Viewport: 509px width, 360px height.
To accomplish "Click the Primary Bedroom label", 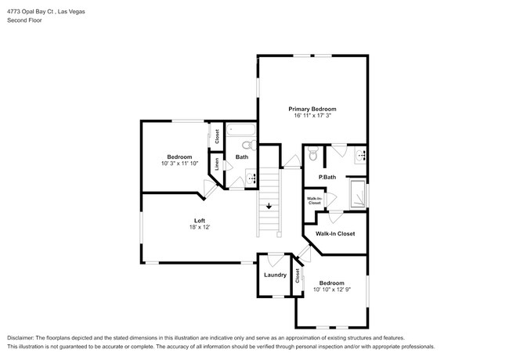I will [312, 109].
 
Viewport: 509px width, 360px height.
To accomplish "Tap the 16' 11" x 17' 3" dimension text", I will [312, 116].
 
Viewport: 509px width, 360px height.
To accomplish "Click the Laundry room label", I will [274, 275].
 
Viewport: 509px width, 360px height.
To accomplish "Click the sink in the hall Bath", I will [251, 178].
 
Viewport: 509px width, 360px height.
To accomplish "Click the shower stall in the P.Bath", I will [356, 193].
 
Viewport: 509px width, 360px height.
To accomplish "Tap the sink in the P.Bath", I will [360, 155].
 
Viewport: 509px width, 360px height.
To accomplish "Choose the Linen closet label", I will [218, 165].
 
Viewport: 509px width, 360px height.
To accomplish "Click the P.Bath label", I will [327, 178].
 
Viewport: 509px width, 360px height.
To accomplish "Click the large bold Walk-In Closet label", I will [334, 233].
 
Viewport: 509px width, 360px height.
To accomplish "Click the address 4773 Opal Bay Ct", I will [35, 12].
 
